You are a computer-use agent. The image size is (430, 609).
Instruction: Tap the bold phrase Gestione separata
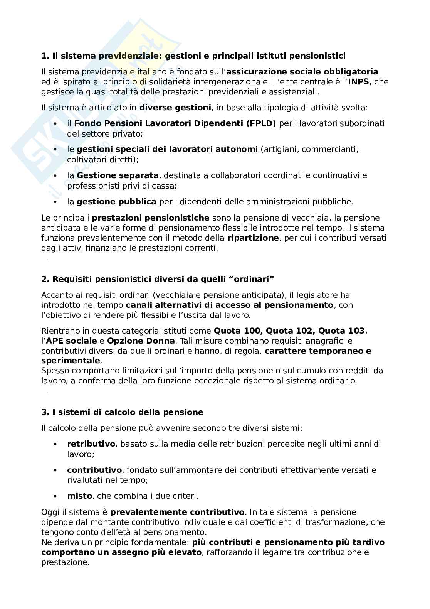[118, 175]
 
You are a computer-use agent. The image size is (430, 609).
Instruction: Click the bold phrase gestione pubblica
[116, 202]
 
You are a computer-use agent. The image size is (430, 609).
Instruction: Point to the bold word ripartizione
[253, 238]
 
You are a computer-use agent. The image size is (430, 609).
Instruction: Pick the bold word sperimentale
[71, 361]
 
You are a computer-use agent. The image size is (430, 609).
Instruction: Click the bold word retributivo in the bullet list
[91, 444]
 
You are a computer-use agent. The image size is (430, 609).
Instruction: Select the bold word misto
[79, 496]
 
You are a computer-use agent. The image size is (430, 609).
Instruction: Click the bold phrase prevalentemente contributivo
[177, 513]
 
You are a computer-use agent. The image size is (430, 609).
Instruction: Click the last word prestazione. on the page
[65, 562]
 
